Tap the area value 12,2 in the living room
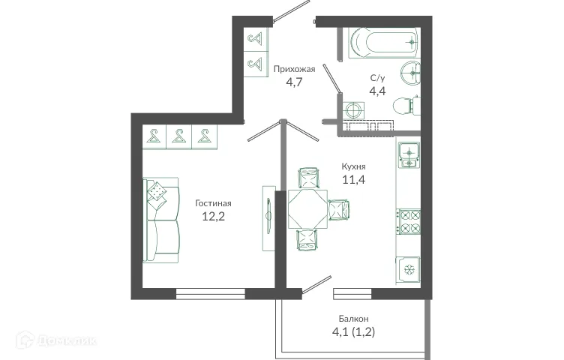point(213,217)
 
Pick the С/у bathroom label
point(378,78)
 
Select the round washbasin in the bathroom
point(408,73)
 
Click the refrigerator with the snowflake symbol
point(409,268)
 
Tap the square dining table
point(308,208)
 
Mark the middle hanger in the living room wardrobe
point(178,136)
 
